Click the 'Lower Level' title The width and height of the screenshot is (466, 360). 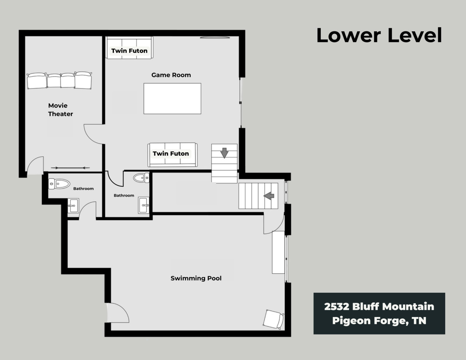pyautogui.click(x=379, y=35)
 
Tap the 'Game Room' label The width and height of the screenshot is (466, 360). pyautogui.click(x=171, y=75)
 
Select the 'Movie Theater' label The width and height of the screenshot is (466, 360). pyautogui.click(x=60, y=110)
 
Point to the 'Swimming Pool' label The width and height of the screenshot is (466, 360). pyautogui.click(x=196, y=278)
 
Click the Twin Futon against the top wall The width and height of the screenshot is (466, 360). pyautogui.click(x=129, y=48)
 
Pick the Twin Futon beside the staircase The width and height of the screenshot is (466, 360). pyautogui.click(x=173, y=155)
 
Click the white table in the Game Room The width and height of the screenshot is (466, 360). pyautogui.click(x=172, y=99)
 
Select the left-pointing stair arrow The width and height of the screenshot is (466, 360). pyautogui.click(x=269, y=196)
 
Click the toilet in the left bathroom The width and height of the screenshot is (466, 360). pyautogui.click(x=59, y=184)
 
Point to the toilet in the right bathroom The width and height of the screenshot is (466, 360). pyautogui.click(x=141, y=178)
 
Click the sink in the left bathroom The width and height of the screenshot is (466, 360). pyautogui.click(x=73, y=206)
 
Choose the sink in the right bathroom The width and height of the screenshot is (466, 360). pyautogui.click(x=144, y=205)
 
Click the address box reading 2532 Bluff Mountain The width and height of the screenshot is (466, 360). pyautogui.click(x=379, y=313)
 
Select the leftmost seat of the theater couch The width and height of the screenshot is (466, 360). pyautogui.click(x=37, y=81)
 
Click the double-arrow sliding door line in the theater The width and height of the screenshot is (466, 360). pyautogui.click(x=70, y=168)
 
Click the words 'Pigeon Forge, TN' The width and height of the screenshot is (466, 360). pyautogui.click(x=379, y=321)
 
